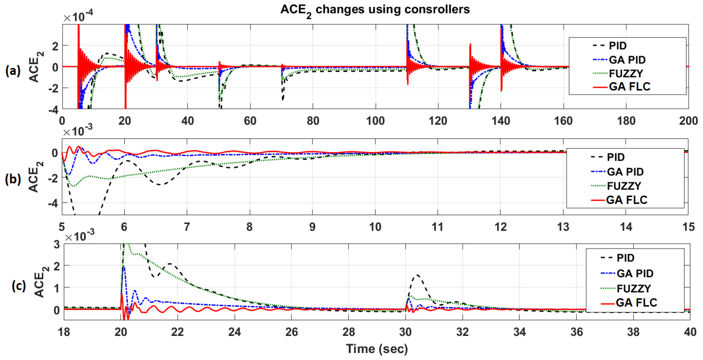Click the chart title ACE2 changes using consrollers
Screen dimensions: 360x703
click(x=375, y=10)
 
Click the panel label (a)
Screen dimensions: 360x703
click(x=13, y=71)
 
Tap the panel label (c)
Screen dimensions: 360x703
click(x=19, y=286)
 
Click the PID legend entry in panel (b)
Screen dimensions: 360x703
click(x=616, y=157)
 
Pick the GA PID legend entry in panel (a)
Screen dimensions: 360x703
click(x=627, y=60)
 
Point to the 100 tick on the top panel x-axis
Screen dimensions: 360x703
click(x=375, y=121)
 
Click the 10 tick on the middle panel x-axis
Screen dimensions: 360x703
click(x=375, y=227)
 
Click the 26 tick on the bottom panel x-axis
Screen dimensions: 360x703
click(x=292, y=332)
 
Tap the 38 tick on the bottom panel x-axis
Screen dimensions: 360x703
click(x=633, y=332)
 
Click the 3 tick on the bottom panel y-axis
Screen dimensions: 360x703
click(x=57, y=244)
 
